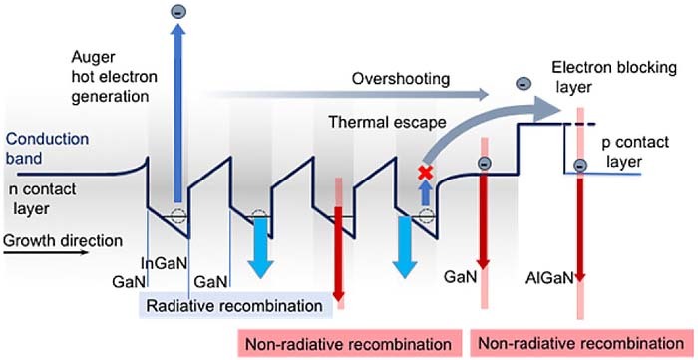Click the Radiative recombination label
[x=234, y=303]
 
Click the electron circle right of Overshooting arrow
[x=523, y=86]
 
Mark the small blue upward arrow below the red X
[x=425, y=194]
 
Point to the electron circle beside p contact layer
[x=580, y=165]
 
